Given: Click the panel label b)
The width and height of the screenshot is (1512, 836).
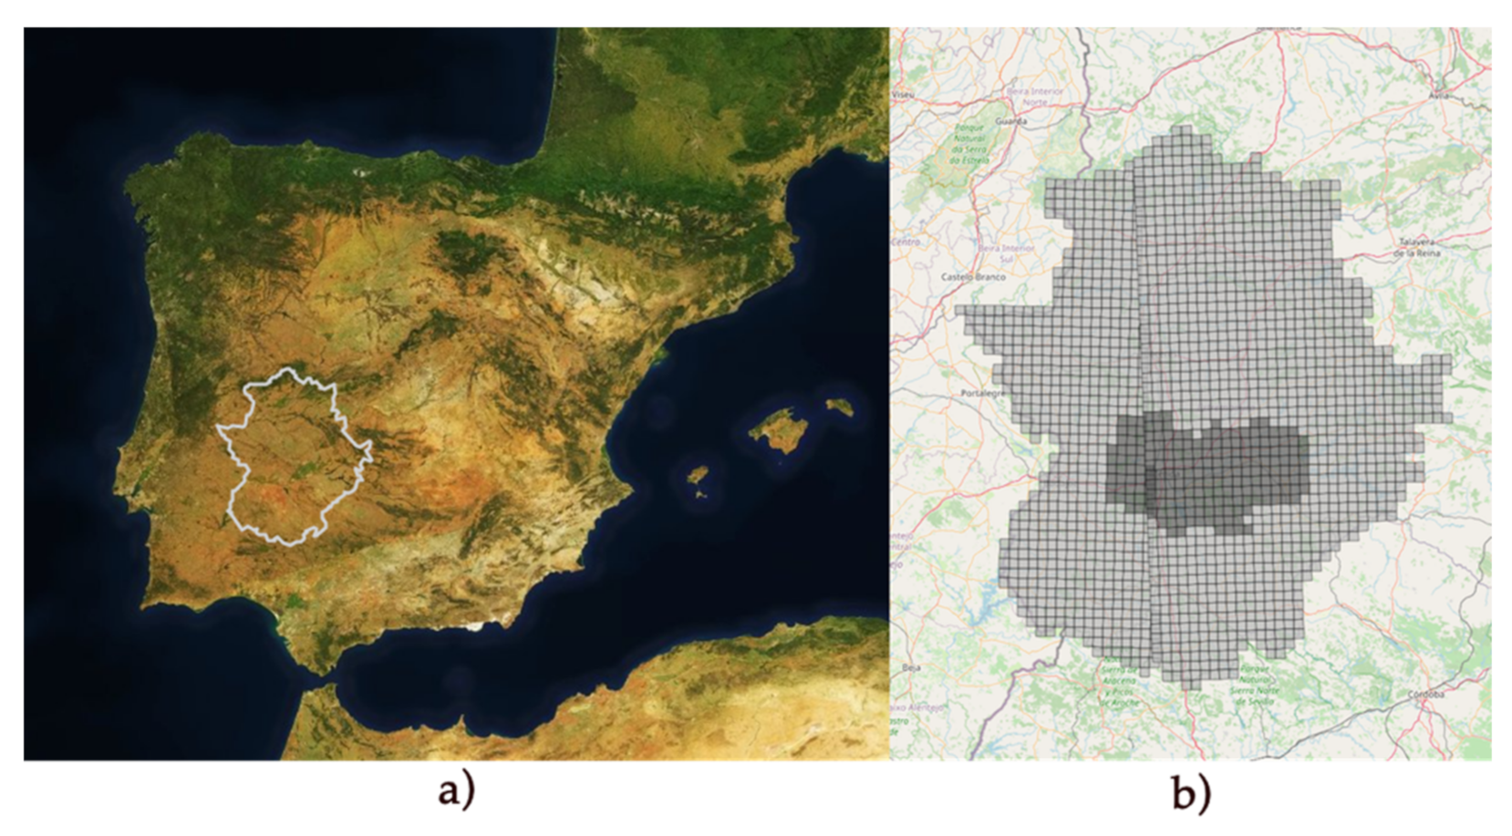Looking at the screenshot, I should point(1191,793).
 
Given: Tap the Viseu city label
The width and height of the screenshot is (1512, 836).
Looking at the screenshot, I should point(903,94).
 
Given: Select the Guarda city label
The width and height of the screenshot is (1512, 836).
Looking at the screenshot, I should point(1012,120).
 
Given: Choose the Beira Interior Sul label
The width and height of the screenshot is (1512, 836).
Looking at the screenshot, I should point(1006,253).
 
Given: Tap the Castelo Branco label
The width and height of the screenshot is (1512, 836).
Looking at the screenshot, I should point(972,275).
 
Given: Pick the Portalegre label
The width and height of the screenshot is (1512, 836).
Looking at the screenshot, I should point(982,393).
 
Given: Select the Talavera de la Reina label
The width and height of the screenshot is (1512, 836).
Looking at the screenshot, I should point(1416,247).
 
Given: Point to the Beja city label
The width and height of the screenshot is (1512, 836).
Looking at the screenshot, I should point(910,667).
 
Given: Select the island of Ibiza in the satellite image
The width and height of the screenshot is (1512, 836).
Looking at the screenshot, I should point(698,476).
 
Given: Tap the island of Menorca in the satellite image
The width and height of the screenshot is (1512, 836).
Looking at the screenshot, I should point(840,406).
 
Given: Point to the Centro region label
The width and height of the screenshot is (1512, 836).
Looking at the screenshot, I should point(905,242).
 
